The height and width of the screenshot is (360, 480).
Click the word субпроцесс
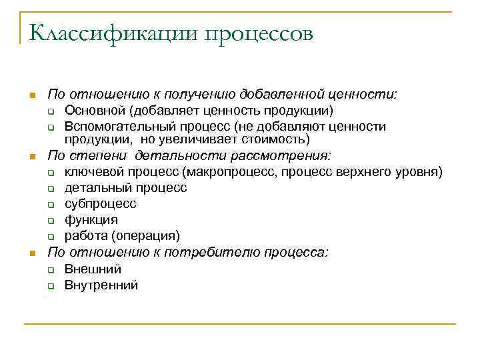pos(100,204)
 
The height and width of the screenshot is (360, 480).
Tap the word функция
pos(91,219)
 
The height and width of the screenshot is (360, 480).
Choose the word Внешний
pos(93,269)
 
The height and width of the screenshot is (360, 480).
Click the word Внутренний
pos(101,285)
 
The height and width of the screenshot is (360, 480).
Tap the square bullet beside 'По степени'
pos(30,157)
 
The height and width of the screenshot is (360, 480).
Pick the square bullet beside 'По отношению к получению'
pos(30,95)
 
